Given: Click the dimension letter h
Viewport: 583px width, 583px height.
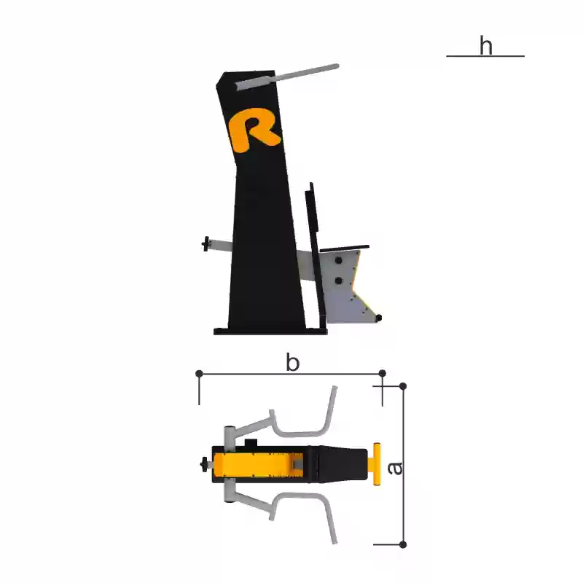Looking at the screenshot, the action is coord(486,45).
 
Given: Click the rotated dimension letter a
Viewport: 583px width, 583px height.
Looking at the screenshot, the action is coord(394,468).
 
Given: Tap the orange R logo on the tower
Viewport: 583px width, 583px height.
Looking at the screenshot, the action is coord(254,130).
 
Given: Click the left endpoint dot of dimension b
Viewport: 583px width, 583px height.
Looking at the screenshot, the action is coord(199,373).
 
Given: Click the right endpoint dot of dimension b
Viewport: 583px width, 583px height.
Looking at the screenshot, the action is coord(382,373).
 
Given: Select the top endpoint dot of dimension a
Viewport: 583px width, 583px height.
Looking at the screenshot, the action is coord(403,386).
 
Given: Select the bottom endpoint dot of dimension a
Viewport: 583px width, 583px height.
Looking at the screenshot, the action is coord(403,544).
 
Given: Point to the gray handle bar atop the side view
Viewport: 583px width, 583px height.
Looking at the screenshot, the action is coord(287,77).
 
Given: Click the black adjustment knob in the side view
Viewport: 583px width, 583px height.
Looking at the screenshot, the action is coord(205,244).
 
